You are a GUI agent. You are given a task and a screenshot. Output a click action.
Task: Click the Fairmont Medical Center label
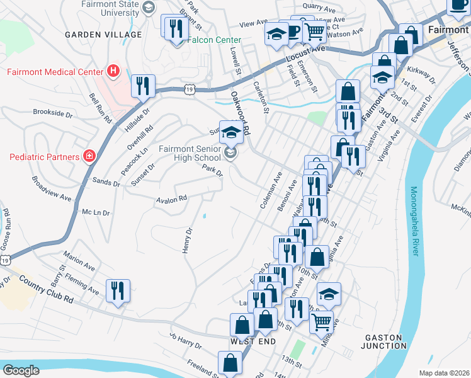point(55,71)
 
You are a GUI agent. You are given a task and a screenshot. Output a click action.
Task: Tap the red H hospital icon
point(113,71)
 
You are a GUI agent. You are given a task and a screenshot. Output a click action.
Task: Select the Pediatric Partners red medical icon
point(89,156)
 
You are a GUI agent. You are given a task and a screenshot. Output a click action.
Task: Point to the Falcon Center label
point(214,40)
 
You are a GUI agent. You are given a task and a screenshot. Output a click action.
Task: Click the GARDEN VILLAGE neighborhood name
point(103,34)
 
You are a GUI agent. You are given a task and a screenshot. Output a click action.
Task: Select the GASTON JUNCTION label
point(384,341)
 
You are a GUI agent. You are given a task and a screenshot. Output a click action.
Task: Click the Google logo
point(21,370)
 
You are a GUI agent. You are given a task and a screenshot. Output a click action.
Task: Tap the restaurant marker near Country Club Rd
point(118,290)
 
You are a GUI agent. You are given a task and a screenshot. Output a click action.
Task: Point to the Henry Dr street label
point(186,241)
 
